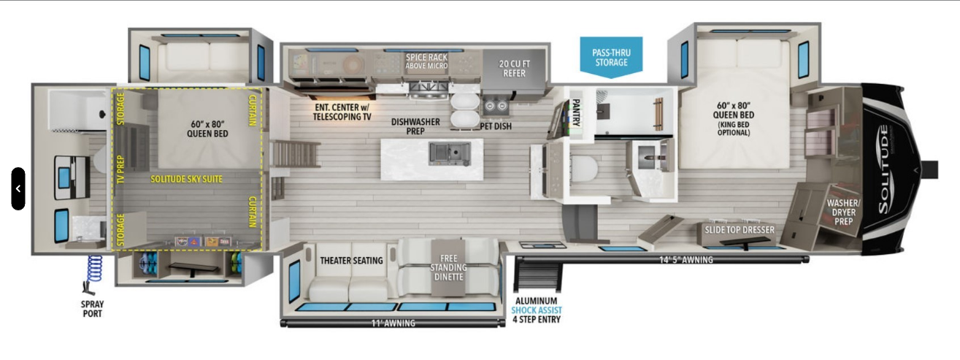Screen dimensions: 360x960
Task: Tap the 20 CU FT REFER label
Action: click(x=515, y=68)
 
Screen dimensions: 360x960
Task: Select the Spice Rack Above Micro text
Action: click(x=426, y=61)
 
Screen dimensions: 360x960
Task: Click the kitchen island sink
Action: click(x=444, y=152)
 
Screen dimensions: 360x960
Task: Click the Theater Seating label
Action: click(x=351, y=261)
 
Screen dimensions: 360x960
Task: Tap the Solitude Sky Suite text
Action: click(x=187, y=179)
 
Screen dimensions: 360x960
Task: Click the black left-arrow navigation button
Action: click(x=18, y=188)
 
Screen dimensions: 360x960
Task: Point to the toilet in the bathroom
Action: click(x=583, y=168)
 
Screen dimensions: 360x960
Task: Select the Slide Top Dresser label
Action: click(x=739, y=230)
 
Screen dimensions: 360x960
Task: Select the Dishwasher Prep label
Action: click(x=415, y=126)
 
